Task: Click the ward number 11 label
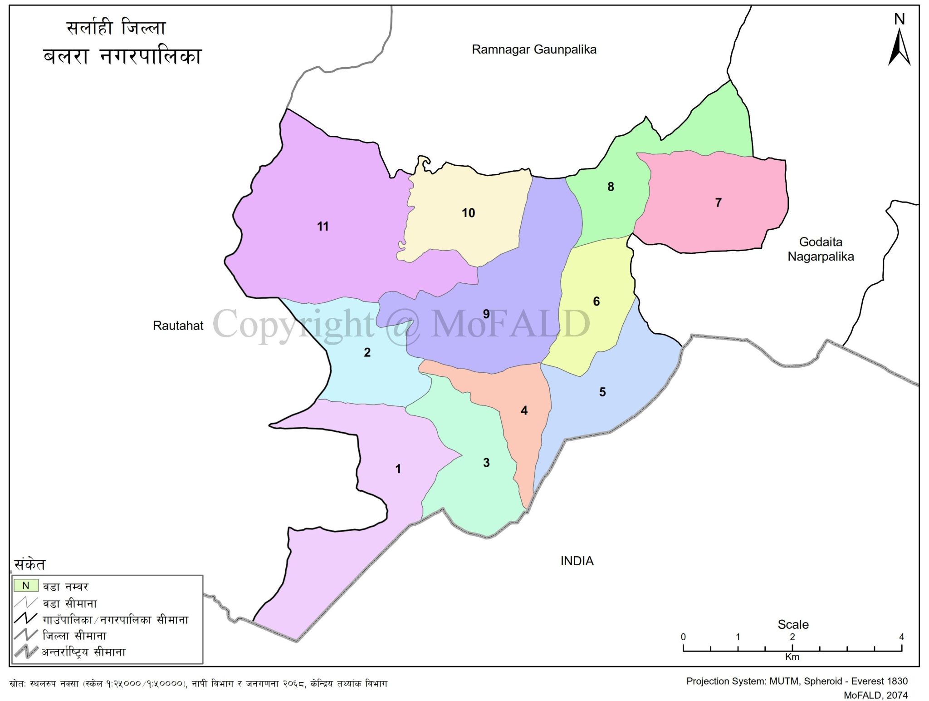(323, 226)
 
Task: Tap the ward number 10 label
(468, 212)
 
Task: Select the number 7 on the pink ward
(718, 202)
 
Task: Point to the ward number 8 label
(611, 187)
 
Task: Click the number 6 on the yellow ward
(596, 301)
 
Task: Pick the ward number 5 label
(602, 392)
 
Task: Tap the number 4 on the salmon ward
(524, 410)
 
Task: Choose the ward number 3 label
(486, 463)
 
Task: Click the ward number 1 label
(398, 469)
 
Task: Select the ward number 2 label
(367, 352)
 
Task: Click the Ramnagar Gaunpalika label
(534, 49)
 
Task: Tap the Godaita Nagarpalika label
(821, 249)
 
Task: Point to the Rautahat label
(178, 326)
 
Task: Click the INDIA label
(577, 561)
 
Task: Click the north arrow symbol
(899, 47)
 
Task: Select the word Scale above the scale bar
(793, 624)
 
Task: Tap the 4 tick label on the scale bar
(901, 637)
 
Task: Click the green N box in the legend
(26, 586)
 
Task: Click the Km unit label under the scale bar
(792, 657)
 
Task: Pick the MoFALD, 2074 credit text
(875, 695)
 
